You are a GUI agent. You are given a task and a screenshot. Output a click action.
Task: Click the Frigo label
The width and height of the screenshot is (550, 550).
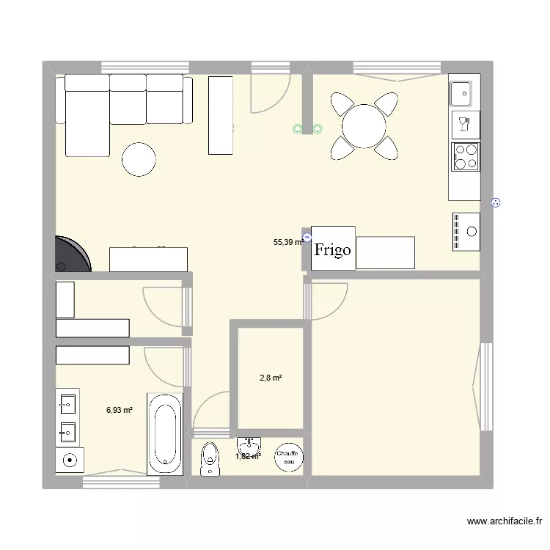(x=333, y=249)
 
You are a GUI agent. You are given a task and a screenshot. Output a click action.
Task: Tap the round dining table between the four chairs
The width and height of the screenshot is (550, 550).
(x=364, y=125)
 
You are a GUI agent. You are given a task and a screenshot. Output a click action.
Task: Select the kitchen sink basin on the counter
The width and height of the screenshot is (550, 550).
(x=463, y=92)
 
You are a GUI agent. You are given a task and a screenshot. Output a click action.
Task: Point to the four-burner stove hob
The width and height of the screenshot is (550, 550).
(x=465, y=155)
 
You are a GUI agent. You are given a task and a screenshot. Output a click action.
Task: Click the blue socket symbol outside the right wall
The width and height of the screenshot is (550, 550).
(x=495, y=204)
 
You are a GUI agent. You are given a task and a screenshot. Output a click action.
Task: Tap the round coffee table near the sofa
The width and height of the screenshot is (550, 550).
(x=139, y=159)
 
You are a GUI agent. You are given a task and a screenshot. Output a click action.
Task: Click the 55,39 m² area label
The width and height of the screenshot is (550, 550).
(x=288, y=241)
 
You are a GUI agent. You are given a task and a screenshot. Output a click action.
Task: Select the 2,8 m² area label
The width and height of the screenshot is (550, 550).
(x=271, y=378)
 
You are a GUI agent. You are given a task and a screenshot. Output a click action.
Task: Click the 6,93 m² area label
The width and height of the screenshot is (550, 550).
(x=119, y=411)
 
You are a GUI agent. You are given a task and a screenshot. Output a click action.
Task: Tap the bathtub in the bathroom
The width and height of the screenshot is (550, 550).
(x=164, y=434)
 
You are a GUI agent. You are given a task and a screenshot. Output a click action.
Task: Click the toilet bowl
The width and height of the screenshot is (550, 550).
(x=210, y=459)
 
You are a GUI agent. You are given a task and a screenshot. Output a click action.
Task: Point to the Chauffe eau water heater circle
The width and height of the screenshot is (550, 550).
(x=287, y=458)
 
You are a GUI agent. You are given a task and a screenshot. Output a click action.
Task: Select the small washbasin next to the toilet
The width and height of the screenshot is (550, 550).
(x=249, y=445)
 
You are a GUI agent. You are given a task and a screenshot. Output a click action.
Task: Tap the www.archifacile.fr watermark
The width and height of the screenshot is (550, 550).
(x=505, y=521)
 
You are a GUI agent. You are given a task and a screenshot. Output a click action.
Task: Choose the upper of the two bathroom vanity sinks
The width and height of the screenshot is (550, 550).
(x=67, y=403)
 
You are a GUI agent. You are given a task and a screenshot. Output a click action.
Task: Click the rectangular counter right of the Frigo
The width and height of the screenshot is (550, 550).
(x=385, y=252)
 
